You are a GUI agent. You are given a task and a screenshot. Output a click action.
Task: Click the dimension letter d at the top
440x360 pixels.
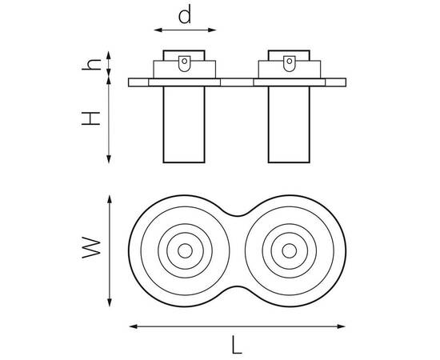coord(185,14)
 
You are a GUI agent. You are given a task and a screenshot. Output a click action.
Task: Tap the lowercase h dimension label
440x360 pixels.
coord(91,65)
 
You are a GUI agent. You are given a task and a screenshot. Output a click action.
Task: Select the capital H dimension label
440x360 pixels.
coord(90,118)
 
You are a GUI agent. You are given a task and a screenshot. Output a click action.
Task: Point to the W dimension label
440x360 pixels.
coord(91,248)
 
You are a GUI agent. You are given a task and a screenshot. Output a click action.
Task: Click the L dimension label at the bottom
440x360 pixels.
coord(237,345)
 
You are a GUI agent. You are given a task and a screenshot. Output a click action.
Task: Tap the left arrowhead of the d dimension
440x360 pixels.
coord(158,30)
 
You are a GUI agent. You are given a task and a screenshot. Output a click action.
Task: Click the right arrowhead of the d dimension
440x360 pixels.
coord(212,30)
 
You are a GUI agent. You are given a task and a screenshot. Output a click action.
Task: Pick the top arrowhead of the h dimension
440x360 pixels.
coord(109,55)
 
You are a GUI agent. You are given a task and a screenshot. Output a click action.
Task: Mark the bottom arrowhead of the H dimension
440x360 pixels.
coord(109,159)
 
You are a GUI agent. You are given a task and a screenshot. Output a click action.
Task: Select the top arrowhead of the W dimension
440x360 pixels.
coord(110,199)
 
